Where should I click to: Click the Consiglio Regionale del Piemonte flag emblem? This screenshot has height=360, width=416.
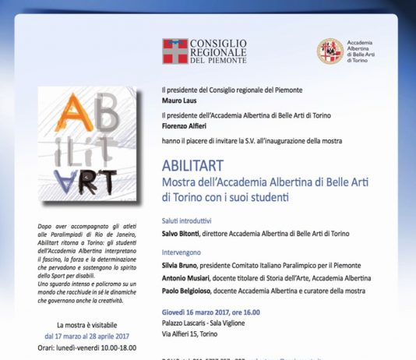175,51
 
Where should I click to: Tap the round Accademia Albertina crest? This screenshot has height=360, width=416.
330,51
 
